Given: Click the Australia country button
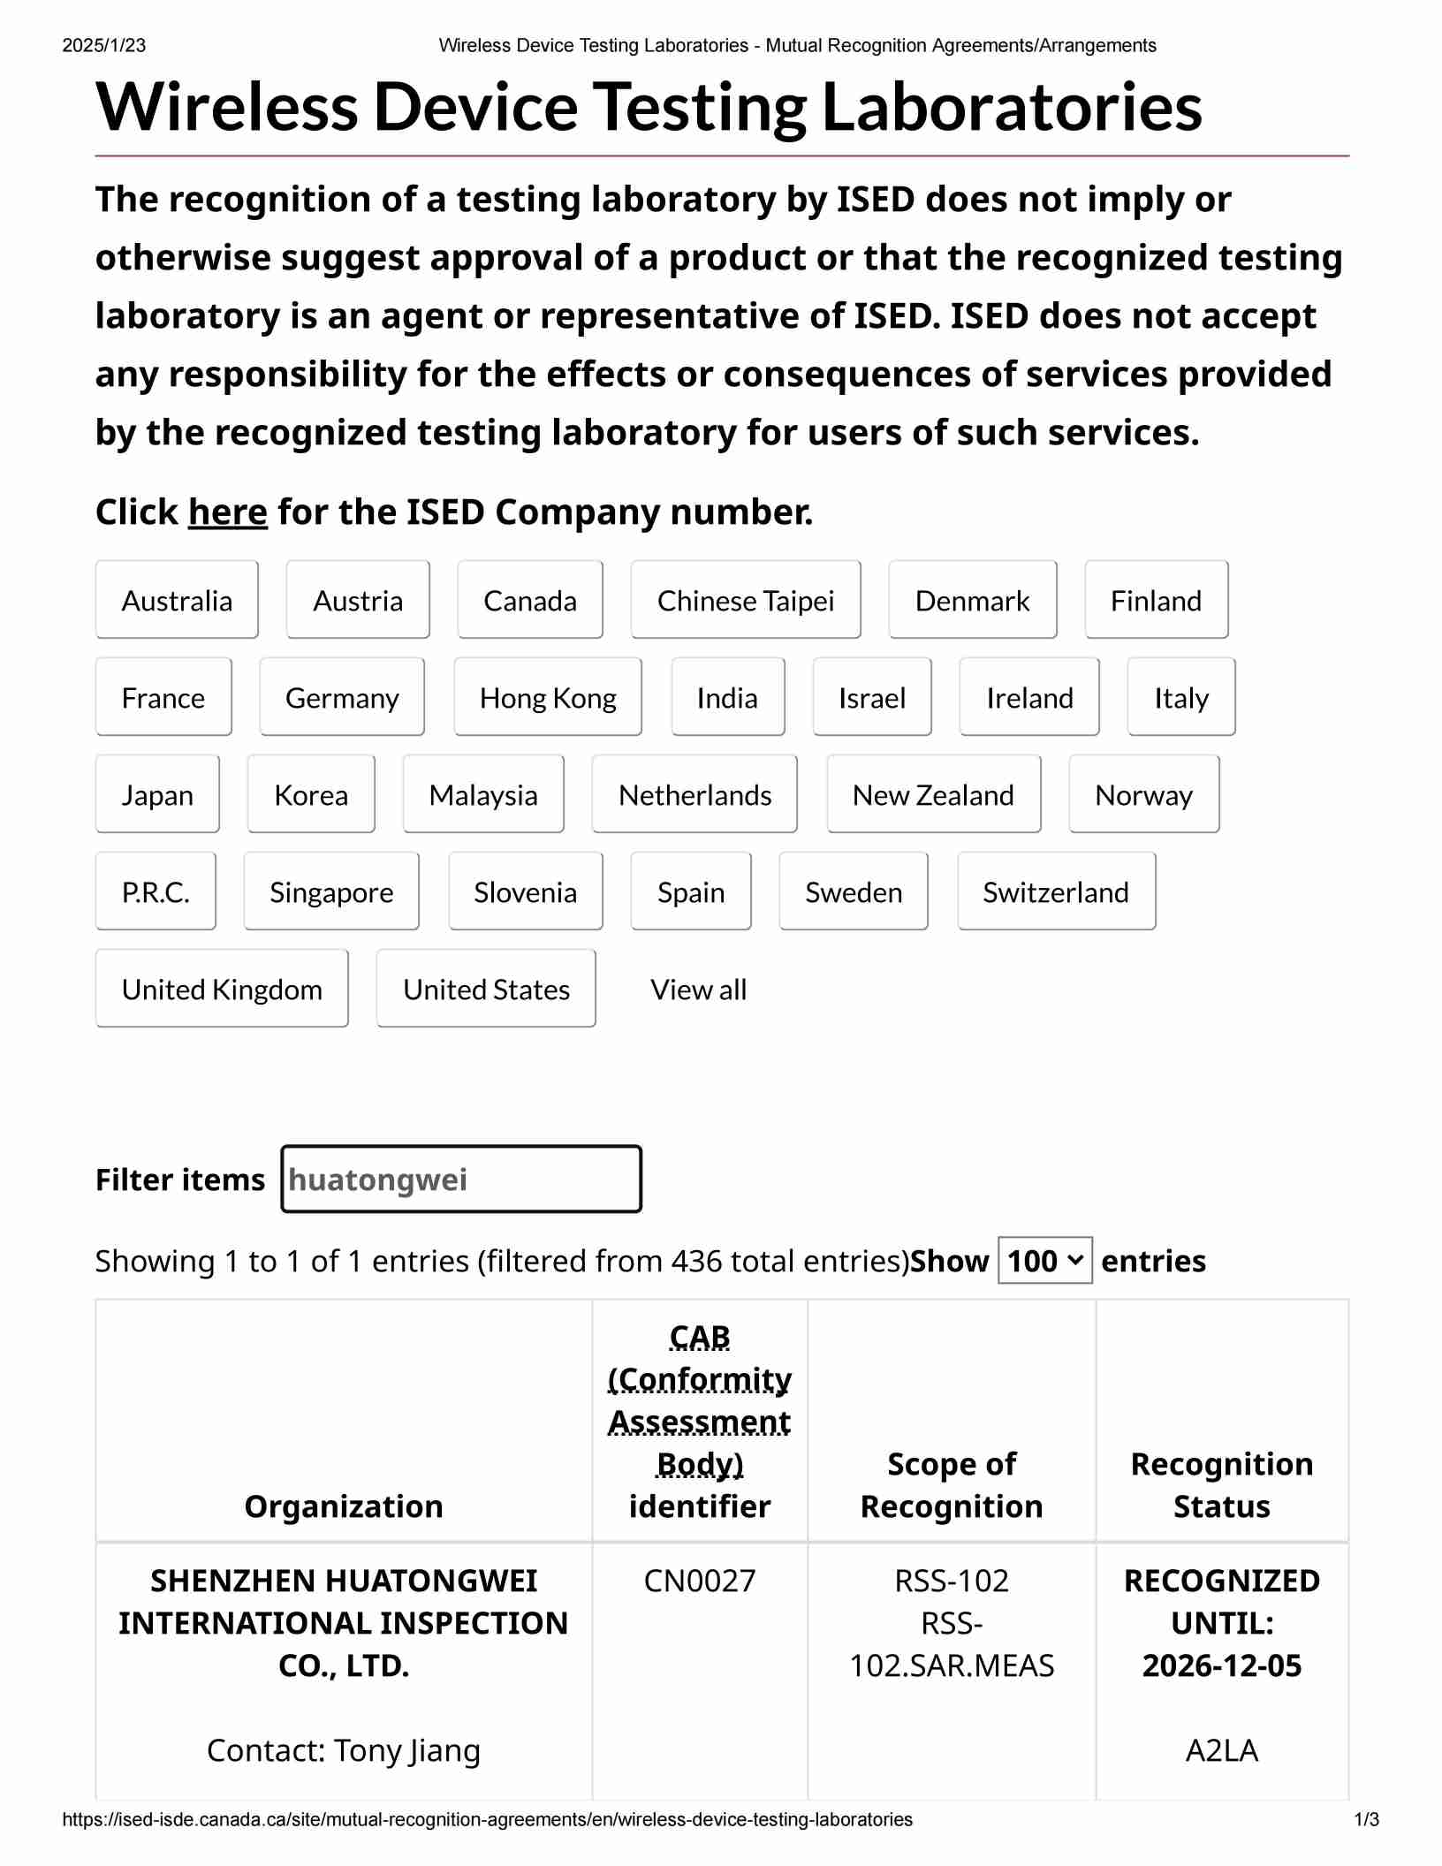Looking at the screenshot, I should (x=177, y=600).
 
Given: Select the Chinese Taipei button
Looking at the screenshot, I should (x=745, y=600).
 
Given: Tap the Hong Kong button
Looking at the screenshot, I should (x=548, y=697).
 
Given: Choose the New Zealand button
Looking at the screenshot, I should (x=933, y=794).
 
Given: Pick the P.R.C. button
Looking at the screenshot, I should (x=156, y=891).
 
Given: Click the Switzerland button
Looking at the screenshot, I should (x=1056, y=891).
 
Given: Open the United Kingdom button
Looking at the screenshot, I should (x=222, y=989).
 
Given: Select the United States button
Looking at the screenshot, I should (x=486, y=989).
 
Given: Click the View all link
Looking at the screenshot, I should (x=698, y=990).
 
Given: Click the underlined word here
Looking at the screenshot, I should (x=227, y=512).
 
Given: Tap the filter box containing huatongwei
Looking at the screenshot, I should (x=461, y=1180).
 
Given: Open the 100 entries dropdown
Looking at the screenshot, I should (x=1044, y=1261).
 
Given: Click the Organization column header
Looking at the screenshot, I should (x=344, y=1506).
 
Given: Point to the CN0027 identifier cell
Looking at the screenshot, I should (x=700, y=1581).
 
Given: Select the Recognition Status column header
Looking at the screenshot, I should (x=1222, y=1485).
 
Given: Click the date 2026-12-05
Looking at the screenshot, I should (x=1222, y=1665).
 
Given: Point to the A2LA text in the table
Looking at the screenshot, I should (x=1222, y=1750).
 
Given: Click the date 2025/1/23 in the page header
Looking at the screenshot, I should (x=104, y=46).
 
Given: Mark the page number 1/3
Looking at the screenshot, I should (x=1366, y=1820).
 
